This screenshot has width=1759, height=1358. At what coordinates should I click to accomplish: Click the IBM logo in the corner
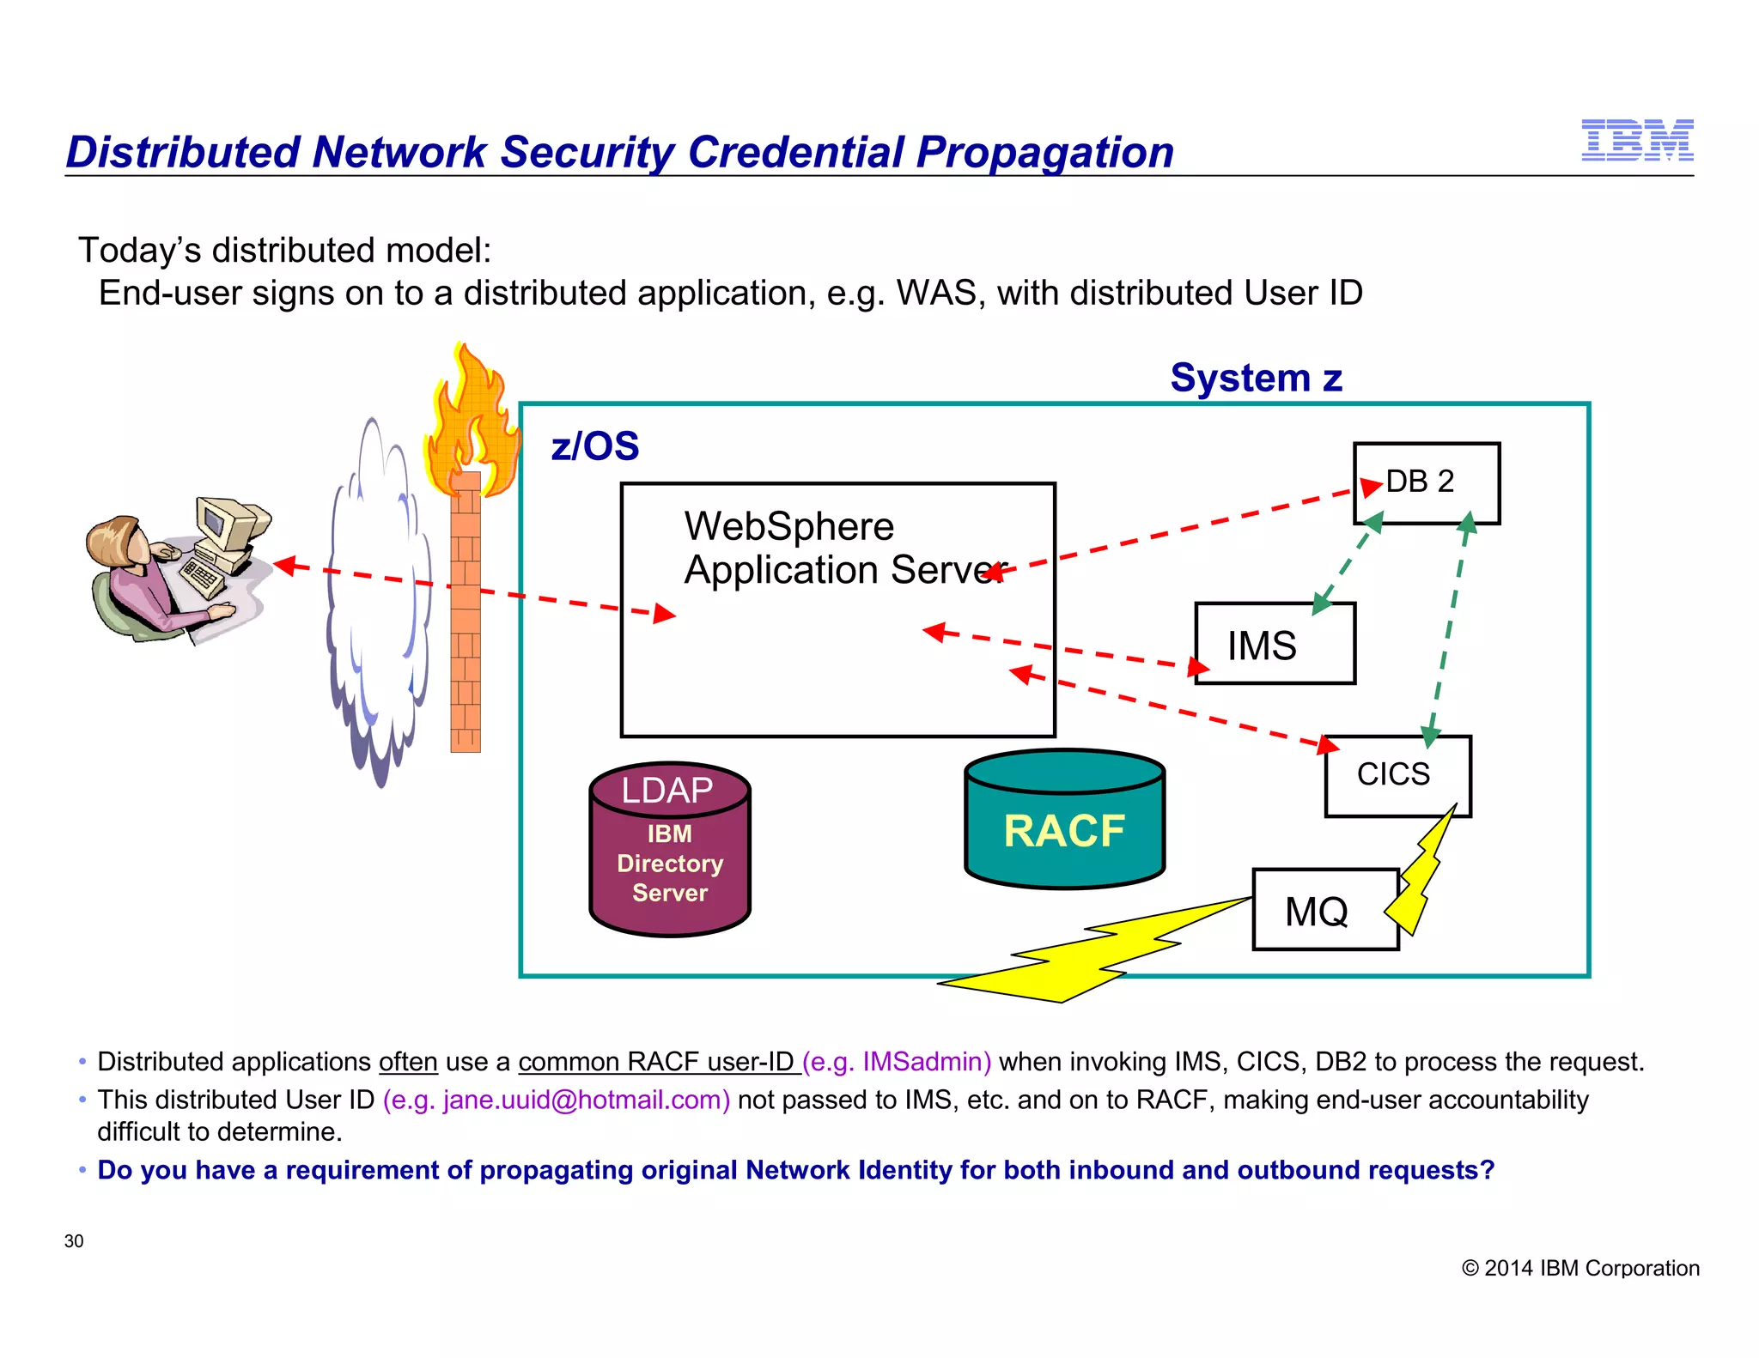(x=1637, y=141)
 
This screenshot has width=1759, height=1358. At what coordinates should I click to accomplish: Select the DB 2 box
(x=1427, y=482)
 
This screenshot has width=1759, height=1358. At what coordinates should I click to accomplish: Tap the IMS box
(x=1275, y=645)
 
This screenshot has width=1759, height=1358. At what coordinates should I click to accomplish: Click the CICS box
(x=1397, y=774)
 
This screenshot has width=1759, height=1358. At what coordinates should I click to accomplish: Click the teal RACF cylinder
(x=1064, y=829)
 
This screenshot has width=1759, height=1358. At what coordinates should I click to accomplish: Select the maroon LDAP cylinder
(x=670, y=850)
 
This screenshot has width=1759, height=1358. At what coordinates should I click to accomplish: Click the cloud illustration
(x=378, y=601)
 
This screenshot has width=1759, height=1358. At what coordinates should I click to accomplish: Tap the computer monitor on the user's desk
(x=225, y=524)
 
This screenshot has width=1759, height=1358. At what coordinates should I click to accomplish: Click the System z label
(x=1256, y=378)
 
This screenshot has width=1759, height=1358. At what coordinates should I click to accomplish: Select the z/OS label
(x=595, y=446)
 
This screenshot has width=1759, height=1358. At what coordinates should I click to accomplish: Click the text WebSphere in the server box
(x=788, y=526)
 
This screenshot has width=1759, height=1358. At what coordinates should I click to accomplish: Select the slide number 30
(x=74, y=1241)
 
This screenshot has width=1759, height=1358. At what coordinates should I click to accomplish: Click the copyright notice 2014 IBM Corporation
(x=1580, y=1268)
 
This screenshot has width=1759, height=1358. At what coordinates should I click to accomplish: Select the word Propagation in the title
(x=1044, y=153)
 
